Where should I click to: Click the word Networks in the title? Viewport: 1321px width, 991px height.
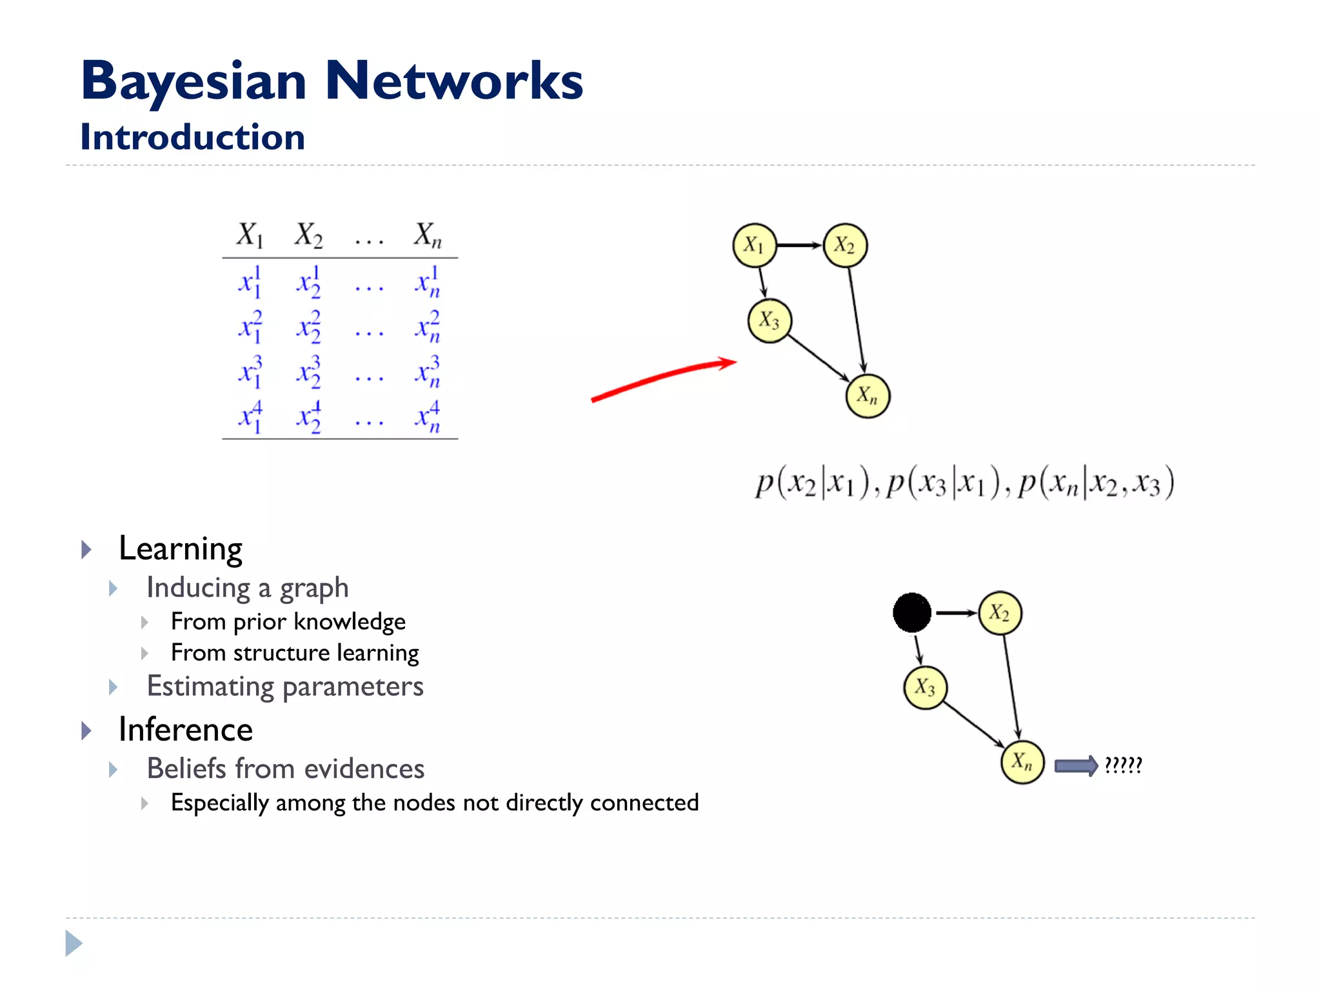(x=453, y=81)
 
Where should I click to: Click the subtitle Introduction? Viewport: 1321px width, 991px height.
(x=192, y=137)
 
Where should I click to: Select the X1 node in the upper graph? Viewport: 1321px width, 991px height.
(x=754, y=245)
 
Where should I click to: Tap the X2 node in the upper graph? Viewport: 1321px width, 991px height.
(x=845, y=245)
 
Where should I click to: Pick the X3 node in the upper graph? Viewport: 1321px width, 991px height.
(x=769, y=321)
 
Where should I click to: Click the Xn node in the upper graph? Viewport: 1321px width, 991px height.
(x=868, y=395)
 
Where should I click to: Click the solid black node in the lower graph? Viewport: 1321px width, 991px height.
(x=911, y=612)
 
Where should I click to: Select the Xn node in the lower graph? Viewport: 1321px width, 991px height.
(x=1022, y=762)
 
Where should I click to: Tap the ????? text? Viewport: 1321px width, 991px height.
(x=1123, y=765)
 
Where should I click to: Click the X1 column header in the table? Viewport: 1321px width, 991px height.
(x=250, y=235)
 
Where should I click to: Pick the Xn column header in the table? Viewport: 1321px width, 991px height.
(x=427, y=235)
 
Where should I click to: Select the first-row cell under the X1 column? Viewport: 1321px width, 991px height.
(x=250, y=282)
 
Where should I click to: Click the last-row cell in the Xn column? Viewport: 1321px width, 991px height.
(x=427, y=417)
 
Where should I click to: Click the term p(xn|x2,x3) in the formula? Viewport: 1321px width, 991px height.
(x=1096, y=483)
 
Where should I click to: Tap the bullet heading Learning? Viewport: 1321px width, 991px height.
(x=181, y=549)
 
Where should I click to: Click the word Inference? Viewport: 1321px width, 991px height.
(x=186, y=730)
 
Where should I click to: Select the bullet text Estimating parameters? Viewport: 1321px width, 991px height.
(x=285, y=686)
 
